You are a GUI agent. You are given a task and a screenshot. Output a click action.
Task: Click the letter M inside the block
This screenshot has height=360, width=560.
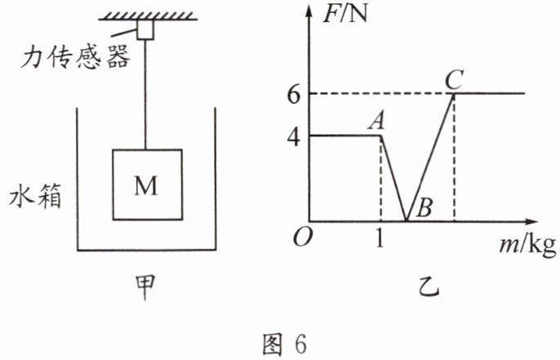coord(145,185)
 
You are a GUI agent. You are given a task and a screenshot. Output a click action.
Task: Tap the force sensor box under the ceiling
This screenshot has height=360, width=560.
coord(145,29)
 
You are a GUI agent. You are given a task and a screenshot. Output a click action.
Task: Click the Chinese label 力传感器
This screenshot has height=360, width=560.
coord(74,58)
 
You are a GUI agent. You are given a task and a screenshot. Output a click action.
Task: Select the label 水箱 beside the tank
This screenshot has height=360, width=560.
coord(35,196)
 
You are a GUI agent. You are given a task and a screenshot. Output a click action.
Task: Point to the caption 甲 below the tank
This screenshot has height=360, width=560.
coord(145,287)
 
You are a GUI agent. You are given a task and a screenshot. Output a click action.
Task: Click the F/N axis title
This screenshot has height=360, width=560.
coord(344,14)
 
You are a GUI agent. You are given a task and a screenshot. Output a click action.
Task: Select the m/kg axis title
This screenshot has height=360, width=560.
coord(528,246)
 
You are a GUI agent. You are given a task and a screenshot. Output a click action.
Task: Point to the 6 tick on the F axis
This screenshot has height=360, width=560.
coord(294,95)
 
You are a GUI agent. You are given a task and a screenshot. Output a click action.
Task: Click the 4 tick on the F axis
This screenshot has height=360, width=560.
coord(294,137)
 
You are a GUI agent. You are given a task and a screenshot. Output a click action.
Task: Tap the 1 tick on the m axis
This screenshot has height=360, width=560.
coord(380,238)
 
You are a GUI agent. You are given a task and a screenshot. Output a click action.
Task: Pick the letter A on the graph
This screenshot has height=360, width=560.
coord(377,121)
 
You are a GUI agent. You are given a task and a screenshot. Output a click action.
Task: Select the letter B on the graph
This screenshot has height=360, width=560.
coord(424,207)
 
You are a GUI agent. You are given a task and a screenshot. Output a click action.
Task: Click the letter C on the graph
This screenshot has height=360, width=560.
coord(454,80)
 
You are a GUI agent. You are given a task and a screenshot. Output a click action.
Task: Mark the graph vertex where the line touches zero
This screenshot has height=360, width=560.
coord(406,221)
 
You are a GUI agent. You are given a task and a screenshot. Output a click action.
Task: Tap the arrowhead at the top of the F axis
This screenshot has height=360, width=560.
coord(309,11)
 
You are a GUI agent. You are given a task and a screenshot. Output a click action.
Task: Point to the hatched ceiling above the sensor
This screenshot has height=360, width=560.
coord(148,16)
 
